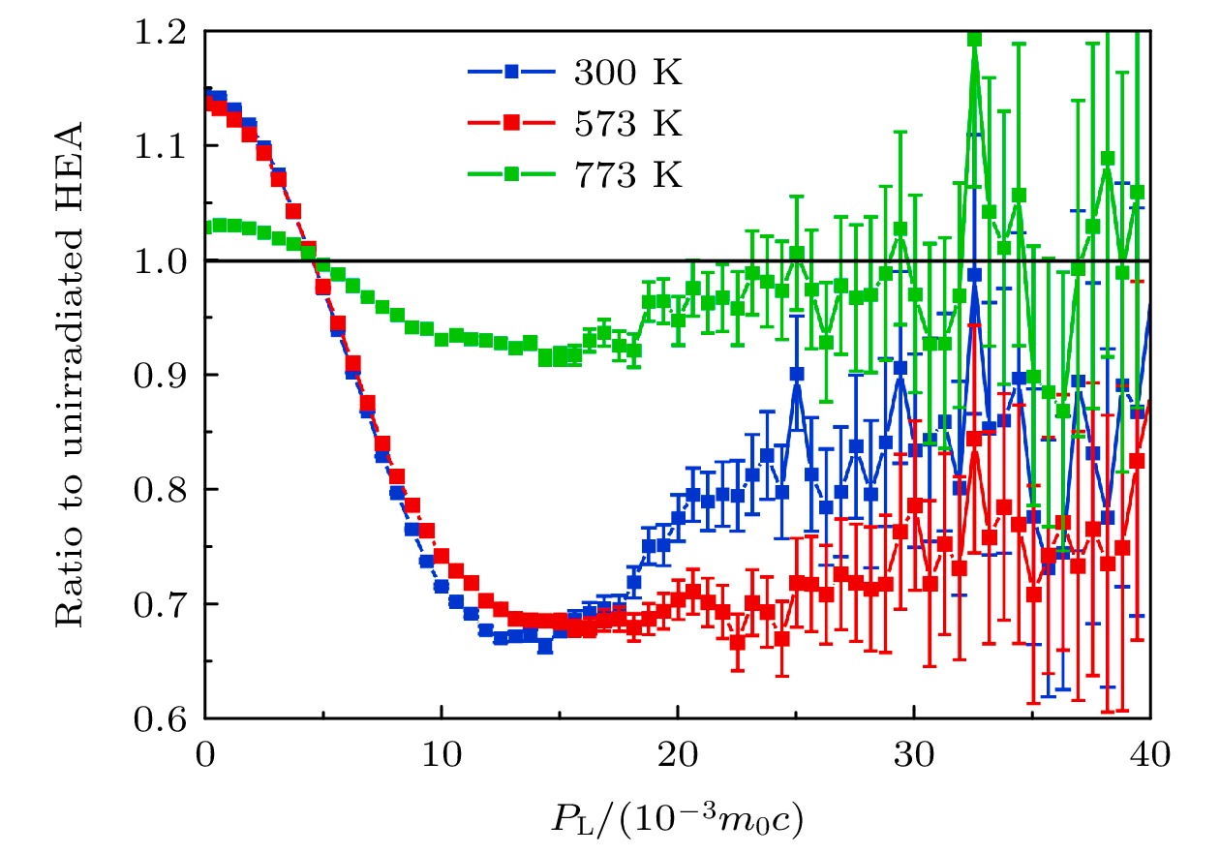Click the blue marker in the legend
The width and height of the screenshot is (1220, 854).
[x=512, y=72]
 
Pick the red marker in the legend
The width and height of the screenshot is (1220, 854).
[x=512, y=124]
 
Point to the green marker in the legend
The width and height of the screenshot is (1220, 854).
[x=512, y=176]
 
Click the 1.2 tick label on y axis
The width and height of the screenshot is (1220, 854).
[x=164, y=32]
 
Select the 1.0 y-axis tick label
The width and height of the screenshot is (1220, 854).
[x=164, y=261]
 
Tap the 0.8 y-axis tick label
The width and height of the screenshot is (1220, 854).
[x=164, y=490]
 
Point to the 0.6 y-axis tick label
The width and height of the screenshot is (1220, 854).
[x=164, y=718]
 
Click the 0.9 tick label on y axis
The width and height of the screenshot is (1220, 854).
[x=164, y=376]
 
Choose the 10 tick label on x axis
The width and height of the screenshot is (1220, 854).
[x=441, y=752]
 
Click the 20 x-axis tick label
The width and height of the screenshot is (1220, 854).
[x=677, y=752]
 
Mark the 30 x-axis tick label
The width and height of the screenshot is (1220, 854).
[x=913, y=752]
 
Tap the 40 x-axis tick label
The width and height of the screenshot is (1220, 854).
[x=1149, y=752]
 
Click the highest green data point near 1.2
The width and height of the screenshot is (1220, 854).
[x=974, y=40]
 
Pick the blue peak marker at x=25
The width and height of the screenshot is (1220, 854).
[x=797, y=374]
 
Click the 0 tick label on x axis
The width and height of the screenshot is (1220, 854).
[x=205, y=752]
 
